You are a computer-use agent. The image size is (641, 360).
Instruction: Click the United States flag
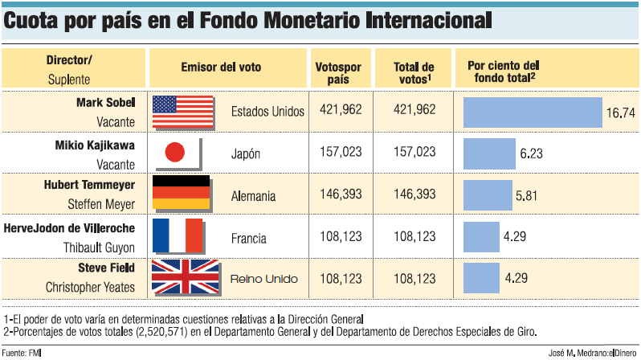tap(183, 112)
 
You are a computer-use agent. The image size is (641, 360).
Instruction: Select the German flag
tap(181, 194)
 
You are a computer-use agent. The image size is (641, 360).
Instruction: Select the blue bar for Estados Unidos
tap(533, 112)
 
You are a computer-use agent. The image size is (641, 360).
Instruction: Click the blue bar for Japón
tap(490, 153)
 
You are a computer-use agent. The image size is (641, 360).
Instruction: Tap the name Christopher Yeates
tap(90, 287)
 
